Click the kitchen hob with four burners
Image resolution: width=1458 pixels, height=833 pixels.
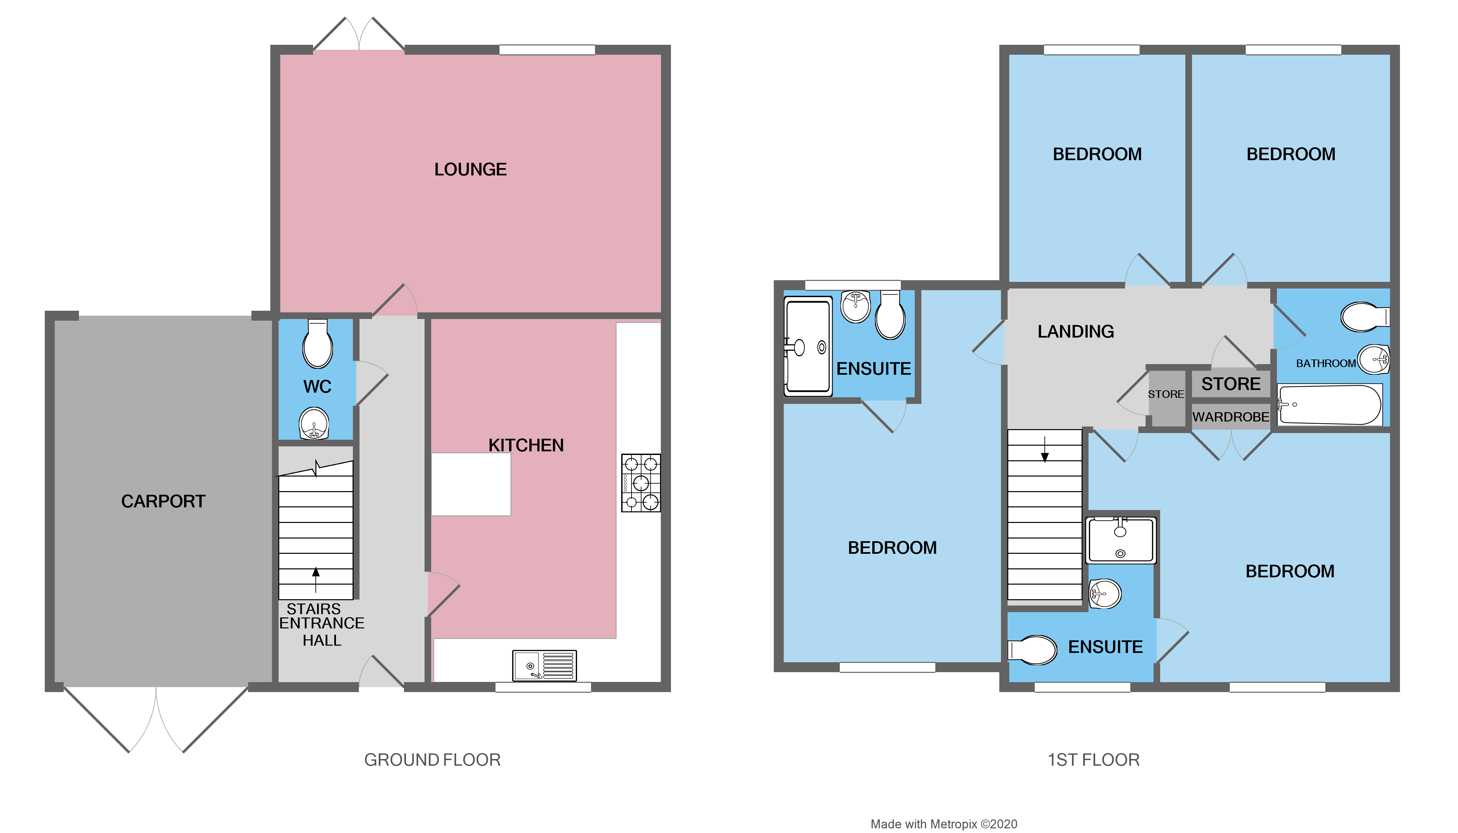coord(640,483)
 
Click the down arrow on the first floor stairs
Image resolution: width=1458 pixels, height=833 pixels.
coord(1044,450)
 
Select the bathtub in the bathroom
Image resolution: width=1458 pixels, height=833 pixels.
coord(1329,405)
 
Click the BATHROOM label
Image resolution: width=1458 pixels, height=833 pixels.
coord(1325,363)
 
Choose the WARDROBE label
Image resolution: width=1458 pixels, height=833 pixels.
coord(1230,417)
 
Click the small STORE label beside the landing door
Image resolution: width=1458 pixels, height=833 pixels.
coord(1165,394)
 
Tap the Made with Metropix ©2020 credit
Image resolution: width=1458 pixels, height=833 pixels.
coord(944,824)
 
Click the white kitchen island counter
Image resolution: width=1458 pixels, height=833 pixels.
coord(470,484)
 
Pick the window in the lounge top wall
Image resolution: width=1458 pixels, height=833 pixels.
coord(547,50)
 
